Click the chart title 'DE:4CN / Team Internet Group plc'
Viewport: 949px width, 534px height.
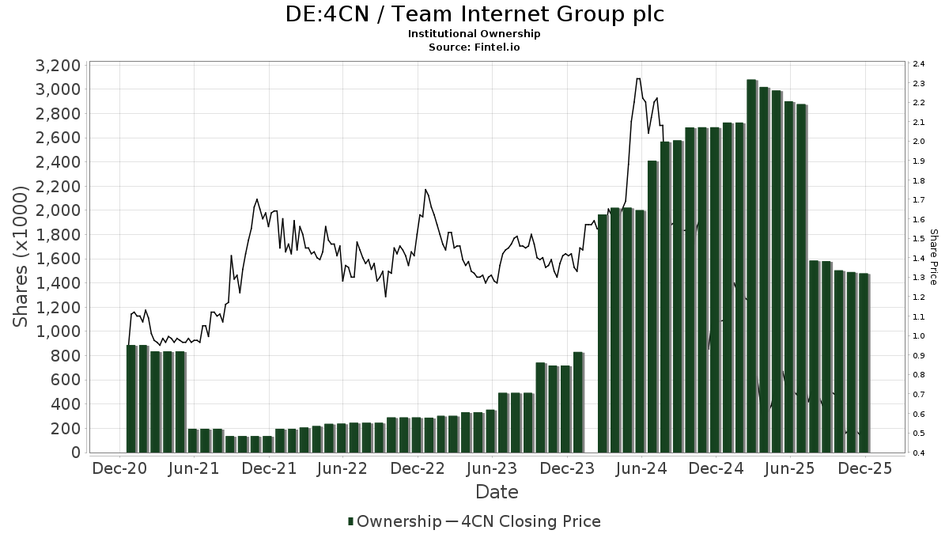click(x=475, y=14)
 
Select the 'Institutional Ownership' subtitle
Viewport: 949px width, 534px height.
click(x=475, y=34)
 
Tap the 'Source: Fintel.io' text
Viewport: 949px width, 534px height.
click(x=475, y=47)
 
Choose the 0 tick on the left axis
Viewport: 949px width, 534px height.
click(x=75, y=453)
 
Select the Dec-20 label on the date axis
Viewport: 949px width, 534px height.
click(x=120, y=468)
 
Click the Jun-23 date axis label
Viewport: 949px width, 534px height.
click(x=492, y=468)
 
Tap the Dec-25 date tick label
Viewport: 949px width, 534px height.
click(x=865, y=468)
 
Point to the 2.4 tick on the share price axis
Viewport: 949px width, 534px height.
click(x=918, y=64)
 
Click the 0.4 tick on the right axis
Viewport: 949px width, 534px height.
click(x=918, y=453)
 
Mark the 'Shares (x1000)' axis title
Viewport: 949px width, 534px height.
click(x=21, y=257)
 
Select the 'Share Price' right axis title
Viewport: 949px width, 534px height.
click(x=933, y=257)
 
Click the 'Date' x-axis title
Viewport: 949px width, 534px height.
click(x=497, y=492)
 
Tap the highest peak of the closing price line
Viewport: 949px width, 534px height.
click(x=638, y=79)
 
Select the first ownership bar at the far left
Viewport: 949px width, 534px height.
click(x=132, y=399)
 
